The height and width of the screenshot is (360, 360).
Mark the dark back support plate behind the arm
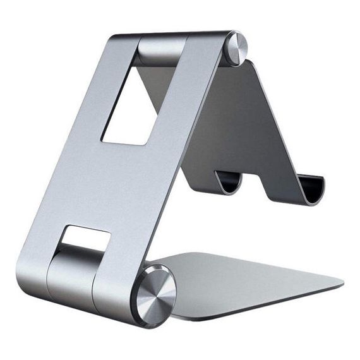(240, 120)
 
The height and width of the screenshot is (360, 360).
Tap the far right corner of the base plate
(341, 282)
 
